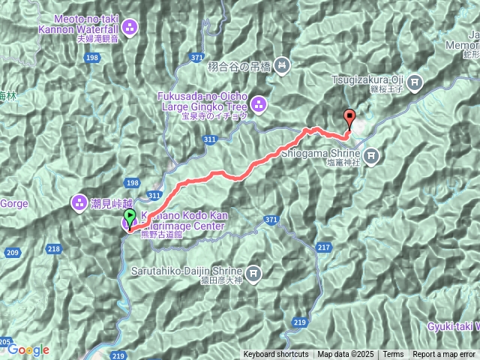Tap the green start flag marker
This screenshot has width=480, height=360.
click(x=130, y=217)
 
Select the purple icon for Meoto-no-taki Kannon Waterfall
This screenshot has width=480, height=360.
click(x=130, y=28)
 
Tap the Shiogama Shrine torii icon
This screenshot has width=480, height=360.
click(x=372, y=157)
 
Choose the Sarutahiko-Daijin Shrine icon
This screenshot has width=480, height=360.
click(x=254, y=273)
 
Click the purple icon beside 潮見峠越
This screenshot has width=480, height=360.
click(x=79, y=202)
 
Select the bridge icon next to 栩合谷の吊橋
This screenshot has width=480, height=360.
click(x=281, y=66)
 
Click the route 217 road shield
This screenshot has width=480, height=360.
click(x=323, y=247)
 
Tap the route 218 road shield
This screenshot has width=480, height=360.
click(x=54, y=249)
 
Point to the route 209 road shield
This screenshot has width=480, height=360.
click(x=11, y=253)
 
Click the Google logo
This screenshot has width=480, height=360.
click(x=28, y=349)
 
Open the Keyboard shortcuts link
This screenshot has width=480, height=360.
click(x=275, y=355)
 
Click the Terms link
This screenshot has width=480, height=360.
click(x=393, y=355)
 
